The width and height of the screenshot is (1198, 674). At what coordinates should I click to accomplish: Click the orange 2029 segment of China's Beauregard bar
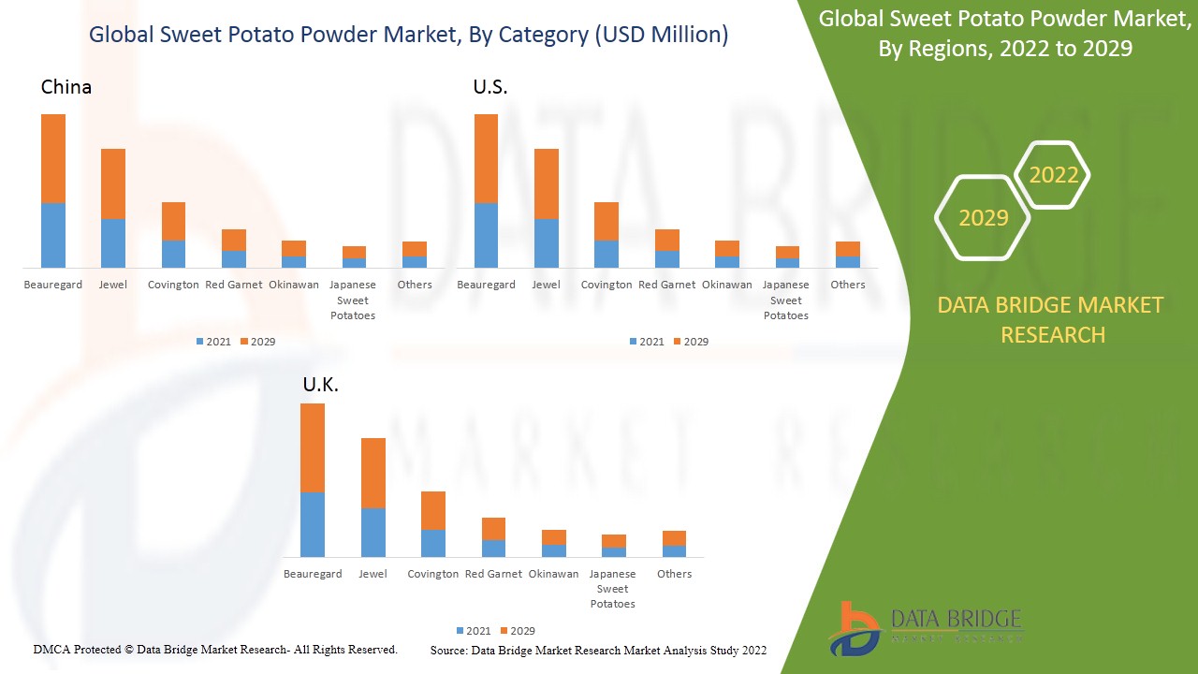pos(53,158)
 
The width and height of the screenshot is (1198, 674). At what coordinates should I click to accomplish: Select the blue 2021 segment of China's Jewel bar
pos(113,243)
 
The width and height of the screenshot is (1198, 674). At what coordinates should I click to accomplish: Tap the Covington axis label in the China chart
pos(173,285)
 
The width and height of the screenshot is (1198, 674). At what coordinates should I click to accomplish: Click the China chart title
pos(66,87)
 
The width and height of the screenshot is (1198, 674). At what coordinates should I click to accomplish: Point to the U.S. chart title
pos(490,87)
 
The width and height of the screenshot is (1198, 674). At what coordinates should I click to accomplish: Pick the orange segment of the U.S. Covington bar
pos(606,222)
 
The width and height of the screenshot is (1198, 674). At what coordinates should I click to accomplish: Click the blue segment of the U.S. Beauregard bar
pos(487,235)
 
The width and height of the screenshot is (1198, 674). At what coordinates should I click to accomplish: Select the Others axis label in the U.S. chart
pos(848,285)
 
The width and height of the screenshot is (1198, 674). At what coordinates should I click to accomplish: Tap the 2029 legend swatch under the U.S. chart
pos(677,342)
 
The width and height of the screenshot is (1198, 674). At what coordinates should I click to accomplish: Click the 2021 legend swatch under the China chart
pos(200,342)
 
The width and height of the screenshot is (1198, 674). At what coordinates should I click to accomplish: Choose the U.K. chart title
pos(320,385)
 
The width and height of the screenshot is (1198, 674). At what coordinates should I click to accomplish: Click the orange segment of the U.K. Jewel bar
pos(373,473)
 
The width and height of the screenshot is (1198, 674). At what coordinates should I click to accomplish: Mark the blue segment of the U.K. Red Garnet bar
pos(493,549)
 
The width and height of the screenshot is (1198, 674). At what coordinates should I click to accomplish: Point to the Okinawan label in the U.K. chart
pos(553,574)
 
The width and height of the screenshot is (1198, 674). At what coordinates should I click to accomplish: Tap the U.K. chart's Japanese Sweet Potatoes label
pos(613,589)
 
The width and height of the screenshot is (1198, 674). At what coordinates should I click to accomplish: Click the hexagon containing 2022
pos(1053,175)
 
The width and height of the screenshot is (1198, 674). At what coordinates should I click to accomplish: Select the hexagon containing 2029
pos(983,218)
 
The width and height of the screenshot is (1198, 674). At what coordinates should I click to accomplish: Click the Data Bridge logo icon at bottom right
pos(853,629)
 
